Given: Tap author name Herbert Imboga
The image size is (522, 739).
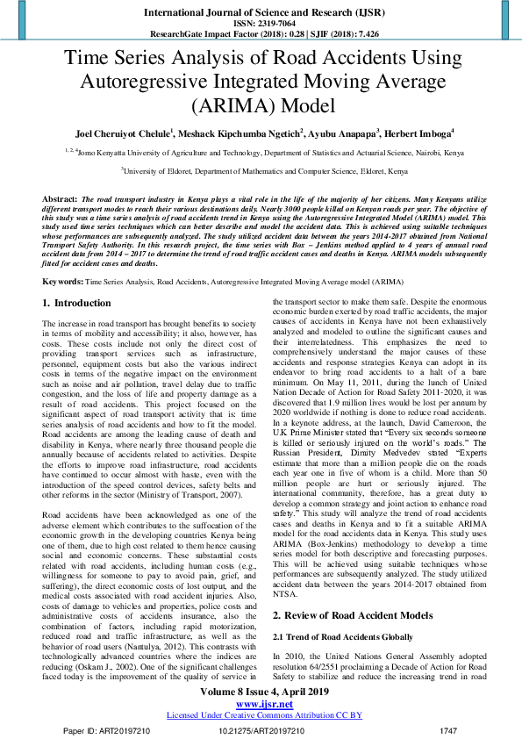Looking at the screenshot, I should point(422,133).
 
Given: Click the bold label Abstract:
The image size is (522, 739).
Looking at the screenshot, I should point(60,200).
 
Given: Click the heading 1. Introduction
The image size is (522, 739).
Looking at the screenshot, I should point(77,278).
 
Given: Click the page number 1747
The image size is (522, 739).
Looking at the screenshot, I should point(448,729).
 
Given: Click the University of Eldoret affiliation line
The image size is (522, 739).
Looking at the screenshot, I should point(261,173).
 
